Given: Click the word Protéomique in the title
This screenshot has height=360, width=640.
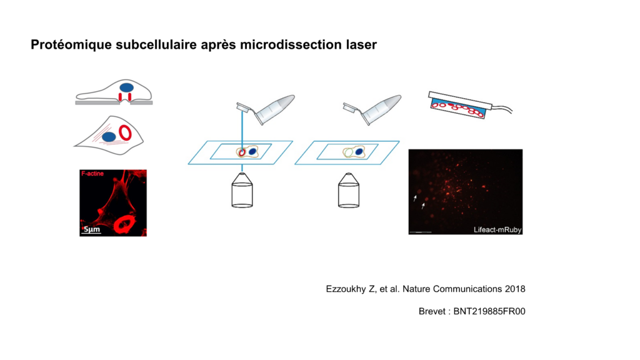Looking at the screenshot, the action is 71,45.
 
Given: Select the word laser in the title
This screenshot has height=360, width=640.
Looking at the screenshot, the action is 365,44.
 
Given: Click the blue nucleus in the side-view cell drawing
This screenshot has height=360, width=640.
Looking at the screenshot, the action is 126,87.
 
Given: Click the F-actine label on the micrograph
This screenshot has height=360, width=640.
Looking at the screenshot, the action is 92,174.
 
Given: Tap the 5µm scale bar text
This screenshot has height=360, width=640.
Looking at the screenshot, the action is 92,229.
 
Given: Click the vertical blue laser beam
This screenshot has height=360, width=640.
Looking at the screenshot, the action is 242,130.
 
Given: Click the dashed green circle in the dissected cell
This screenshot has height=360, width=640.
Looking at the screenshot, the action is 348,152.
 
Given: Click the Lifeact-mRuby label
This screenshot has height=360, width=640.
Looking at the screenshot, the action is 497,230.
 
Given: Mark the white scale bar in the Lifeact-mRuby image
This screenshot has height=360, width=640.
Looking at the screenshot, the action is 421,232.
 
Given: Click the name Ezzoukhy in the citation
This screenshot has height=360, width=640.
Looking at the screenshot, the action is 346,289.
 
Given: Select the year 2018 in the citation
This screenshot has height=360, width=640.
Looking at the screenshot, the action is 515,289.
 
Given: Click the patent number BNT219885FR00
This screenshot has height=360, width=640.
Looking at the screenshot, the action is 489,311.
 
